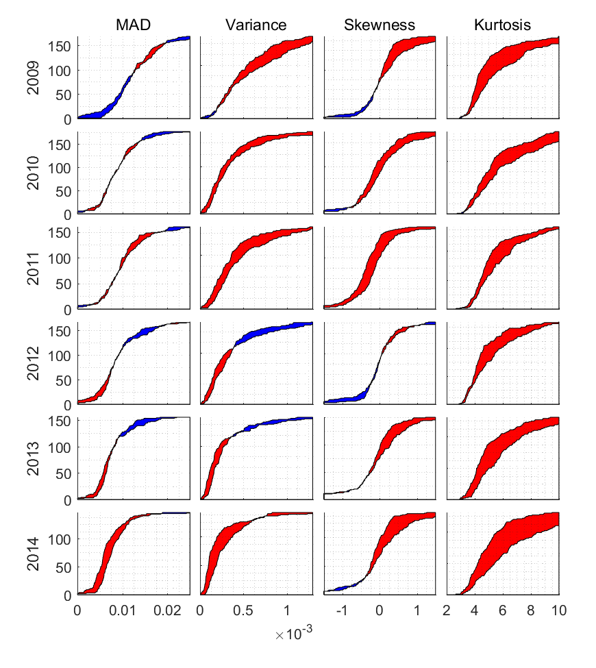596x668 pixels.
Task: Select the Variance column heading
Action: click(256, 26)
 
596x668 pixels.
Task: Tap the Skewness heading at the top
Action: click(380, 26)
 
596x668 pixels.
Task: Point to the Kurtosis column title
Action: click(502, 26)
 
